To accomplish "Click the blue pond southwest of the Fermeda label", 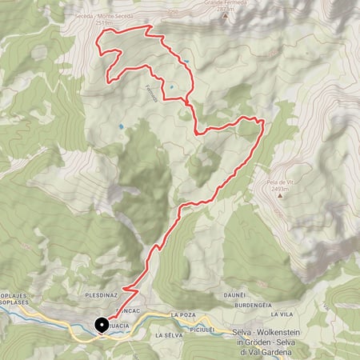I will click(x=122, y=126).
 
